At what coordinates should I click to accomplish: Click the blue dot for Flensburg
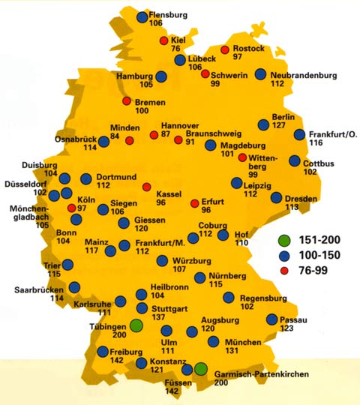142,16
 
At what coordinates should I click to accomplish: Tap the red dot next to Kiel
162,39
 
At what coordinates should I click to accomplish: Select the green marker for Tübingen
136,325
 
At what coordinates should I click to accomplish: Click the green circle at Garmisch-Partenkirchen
201,368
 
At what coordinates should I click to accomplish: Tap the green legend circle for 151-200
284,241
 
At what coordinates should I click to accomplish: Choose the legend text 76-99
317,270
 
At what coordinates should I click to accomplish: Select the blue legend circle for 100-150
284,255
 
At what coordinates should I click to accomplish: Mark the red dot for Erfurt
195,203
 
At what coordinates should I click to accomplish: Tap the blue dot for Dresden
277,198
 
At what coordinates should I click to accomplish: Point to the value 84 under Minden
115,136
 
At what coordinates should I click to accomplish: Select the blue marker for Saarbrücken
74,286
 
